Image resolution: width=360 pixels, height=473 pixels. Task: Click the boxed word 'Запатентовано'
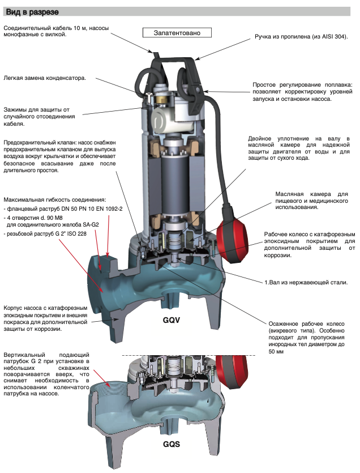click(x=178, y=33)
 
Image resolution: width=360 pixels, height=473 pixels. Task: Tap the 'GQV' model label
click(x=171, y=320)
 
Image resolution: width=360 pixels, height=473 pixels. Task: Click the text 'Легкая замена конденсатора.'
click(x=45, y=78)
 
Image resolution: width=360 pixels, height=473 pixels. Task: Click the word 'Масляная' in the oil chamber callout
click(x=292, y=194)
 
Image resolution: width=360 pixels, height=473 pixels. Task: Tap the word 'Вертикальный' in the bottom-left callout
click(x=27, y=354)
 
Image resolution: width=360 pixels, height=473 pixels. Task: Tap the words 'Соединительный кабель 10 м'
click(x=42, y=27)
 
